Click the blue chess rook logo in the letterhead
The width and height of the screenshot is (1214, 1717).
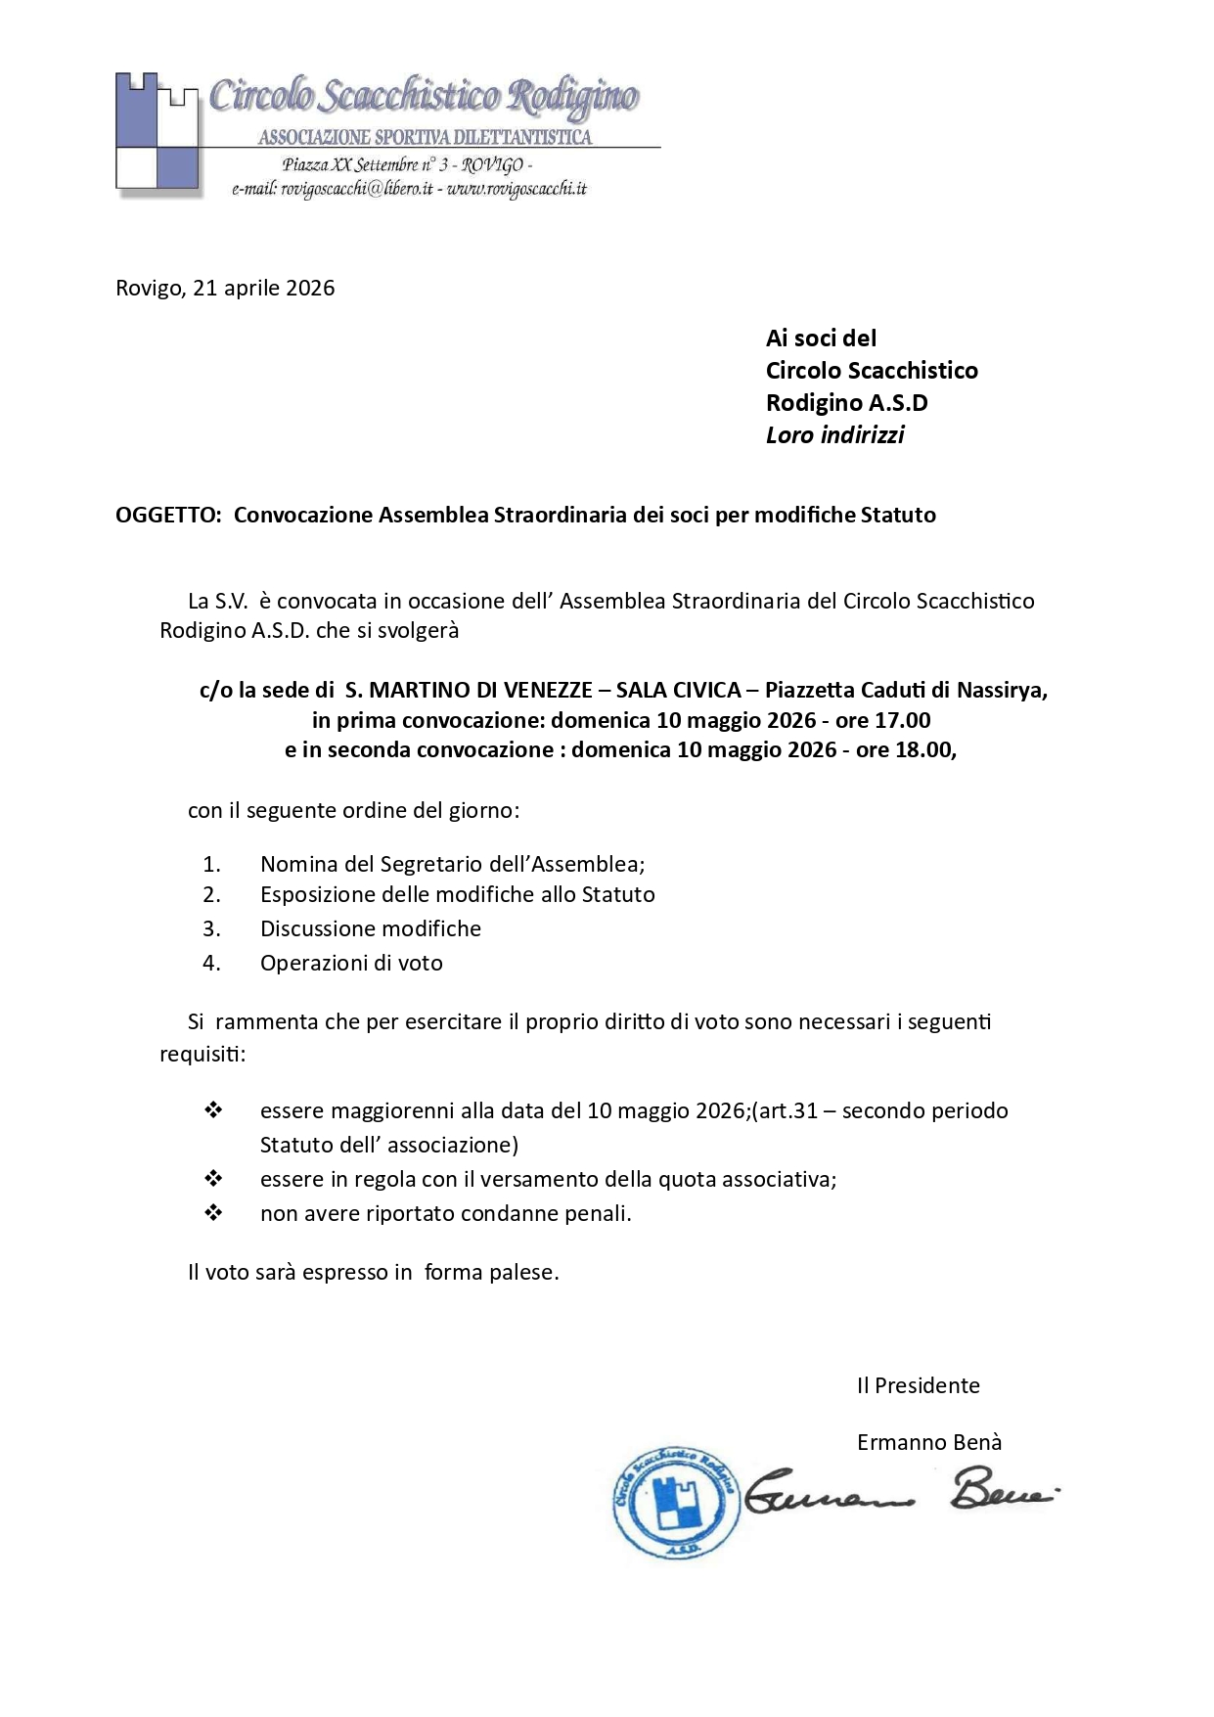pos(157,131)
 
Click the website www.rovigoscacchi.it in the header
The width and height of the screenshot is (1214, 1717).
pos(517,189)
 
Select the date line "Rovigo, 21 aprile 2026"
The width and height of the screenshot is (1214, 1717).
pos(225,288)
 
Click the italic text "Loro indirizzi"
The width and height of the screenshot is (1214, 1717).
pos(834,435)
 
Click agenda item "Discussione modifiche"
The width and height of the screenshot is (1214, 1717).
pos(370,928)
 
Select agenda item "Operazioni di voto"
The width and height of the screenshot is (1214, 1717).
pos(351,963)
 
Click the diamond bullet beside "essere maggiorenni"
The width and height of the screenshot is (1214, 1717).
pos(213,1109)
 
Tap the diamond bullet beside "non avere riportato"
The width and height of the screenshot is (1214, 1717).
pos(213,1212)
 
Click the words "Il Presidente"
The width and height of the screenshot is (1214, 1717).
pos(918,1385)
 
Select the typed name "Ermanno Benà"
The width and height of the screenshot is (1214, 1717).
pos(929,1442)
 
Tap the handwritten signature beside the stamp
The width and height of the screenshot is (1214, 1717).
pos(900,1492)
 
